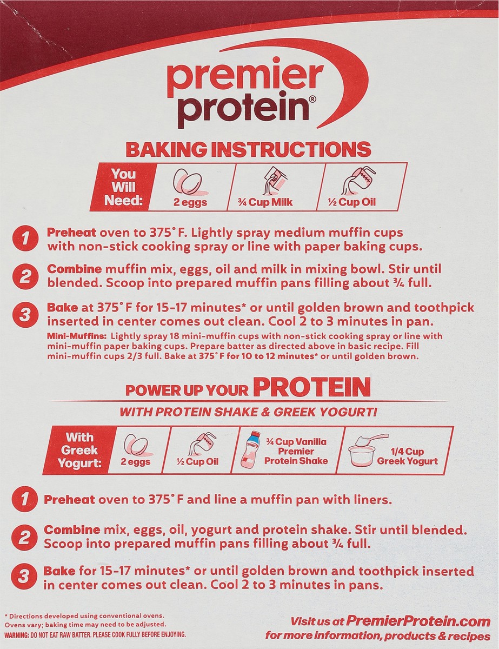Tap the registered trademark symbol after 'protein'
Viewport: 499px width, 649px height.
click(310, 101)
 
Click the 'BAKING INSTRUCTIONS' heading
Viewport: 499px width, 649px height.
click(249, 150)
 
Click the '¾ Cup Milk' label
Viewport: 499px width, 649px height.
click(265, 202)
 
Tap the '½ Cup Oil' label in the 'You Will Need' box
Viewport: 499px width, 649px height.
click(351, 202)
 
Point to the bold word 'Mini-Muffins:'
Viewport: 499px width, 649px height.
click(77, 336)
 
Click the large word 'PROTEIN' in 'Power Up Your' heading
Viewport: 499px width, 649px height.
click(312, 388)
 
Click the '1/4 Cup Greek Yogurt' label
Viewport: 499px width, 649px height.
click(408, 456)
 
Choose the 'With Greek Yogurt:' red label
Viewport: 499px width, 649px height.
click(79, 451)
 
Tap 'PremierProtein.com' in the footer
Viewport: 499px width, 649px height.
click(418, 621)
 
